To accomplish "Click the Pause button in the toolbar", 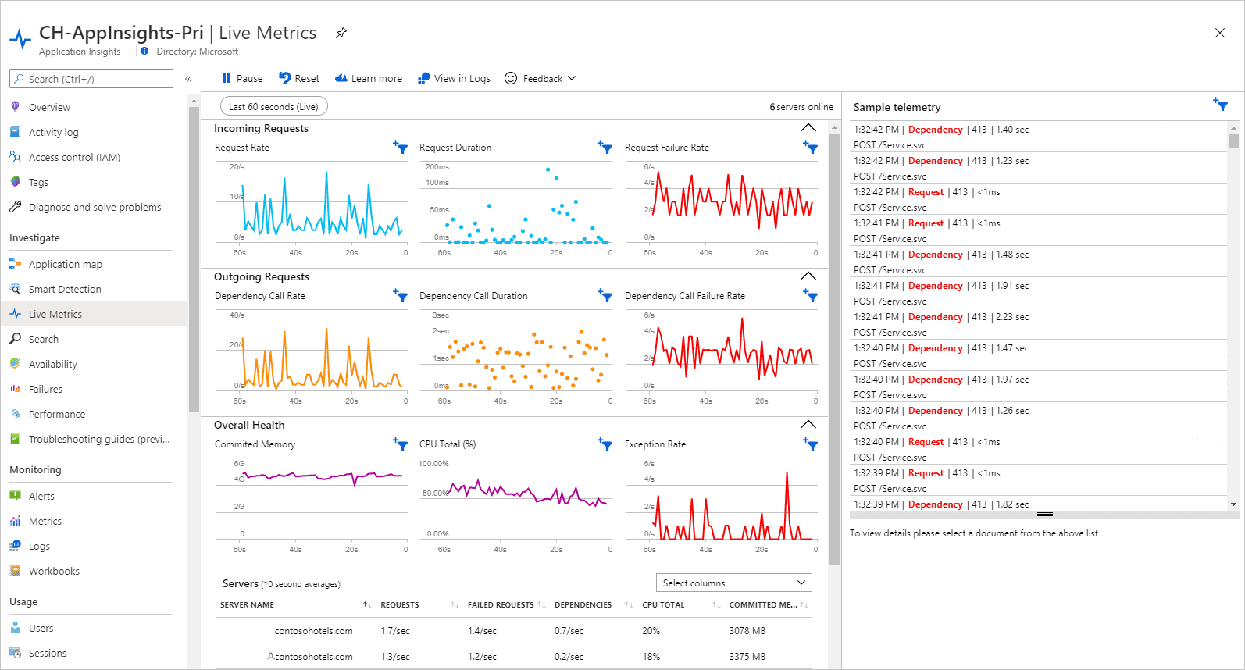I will click(242, 79).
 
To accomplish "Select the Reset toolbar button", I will click(299, 79).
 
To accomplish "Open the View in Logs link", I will click(454, 79).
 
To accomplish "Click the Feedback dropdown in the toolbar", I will click(540, 79).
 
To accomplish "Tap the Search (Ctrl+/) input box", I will click(91, 79).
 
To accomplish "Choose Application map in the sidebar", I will click(65, 265).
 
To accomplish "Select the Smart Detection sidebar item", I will click(65, 290).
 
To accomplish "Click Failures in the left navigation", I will click(45, 390).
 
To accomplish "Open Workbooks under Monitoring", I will click(54, 572).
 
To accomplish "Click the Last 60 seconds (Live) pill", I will click(273, 107).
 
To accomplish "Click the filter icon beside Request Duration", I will click(605, 147).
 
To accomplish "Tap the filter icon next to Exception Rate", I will click(811, 444).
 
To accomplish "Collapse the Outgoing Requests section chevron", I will click(808, 276).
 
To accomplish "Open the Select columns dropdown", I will click(733, 583).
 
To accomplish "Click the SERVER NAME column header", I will click(247, 605).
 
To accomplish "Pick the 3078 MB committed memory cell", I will click(747, 631).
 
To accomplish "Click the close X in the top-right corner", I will click(1220, 33).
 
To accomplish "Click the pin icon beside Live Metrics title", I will click(341, 33).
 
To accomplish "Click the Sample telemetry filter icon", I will click(1221, 105).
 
